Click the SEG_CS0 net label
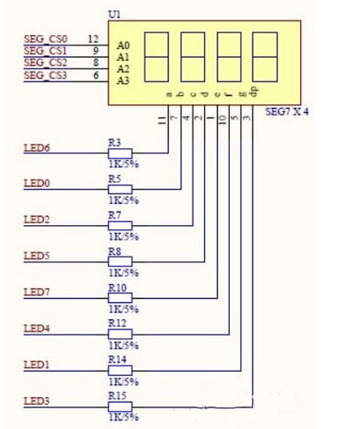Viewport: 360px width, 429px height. tap(45, 39)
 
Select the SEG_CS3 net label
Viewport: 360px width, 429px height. tap(45, 76)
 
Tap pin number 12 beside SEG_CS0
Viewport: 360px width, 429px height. tap(93, 39)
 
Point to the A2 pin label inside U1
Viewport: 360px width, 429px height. tap(123, 69)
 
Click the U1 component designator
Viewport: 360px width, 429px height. tap(115, 15)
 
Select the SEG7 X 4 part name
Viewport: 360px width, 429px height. tap(287, 111)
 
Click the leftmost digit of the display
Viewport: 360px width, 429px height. tap(157, 57)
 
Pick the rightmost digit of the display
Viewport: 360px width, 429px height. tap(265, 57)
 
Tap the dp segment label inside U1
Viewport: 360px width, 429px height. tap(254, 92)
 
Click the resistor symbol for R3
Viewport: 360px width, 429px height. tap(120, 153)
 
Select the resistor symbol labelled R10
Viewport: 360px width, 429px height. tap(120, 297)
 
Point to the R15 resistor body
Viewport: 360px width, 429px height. tap(120, 406)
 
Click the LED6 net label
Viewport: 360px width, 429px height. tap(37, 148)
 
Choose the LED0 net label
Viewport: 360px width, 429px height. tap(37, 183)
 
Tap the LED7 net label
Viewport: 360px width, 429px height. tap(37, 292)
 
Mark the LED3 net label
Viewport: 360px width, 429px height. tap(37, 402)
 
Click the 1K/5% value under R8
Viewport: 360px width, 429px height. tap(124, 273)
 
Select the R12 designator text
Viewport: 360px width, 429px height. tap(118, 323)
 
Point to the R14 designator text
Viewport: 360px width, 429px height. tap(118, 360)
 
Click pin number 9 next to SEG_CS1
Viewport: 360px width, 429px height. tap(96, 51)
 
